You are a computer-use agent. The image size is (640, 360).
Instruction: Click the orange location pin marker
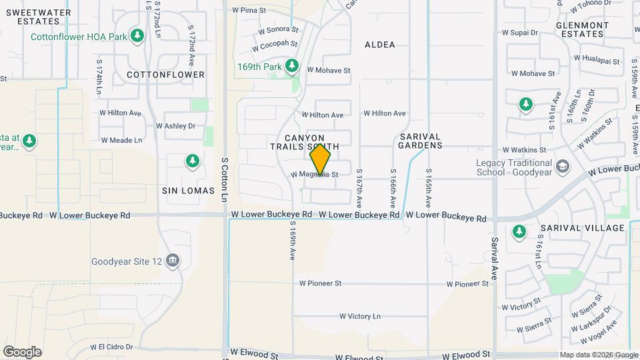(x=321, y=159)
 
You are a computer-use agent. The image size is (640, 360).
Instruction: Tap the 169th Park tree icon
(x=291, y=66)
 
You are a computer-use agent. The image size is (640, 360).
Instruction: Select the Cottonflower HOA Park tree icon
(x=137, y=35)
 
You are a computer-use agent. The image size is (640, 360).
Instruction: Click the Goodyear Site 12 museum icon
(x=173, y=259)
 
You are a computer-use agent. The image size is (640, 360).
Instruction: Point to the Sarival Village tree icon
(x=519, y=231)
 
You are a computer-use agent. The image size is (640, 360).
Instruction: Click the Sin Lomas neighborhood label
(x=189, y=190)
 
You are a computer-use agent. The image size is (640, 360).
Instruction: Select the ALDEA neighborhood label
(x=380, y=45)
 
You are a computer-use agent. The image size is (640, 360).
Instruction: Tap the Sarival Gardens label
(x=420, y=140)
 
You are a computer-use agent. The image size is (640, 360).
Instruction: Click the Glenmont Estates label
(x=582, y=29)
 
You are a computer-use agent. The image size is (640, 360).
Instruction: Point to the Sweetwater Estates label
(x=34, y=16)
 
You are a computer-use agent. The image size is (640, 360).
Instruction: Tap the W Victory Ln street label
(x=359, y=316)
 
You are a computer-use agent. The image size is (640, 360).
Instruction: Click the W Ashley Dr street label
(x=175, y=125)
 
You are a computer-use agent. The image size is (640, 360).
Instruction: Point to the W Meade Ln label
(x=121, y=140)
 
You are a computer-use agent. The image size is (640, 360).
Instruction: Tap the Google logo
(x=22, y=352)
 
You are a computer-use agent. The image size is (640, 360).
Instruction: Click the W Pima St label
(x=249, y=11)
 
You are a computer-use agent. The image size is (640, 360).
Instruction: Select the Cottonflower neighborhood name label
(x=165, y=75)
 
